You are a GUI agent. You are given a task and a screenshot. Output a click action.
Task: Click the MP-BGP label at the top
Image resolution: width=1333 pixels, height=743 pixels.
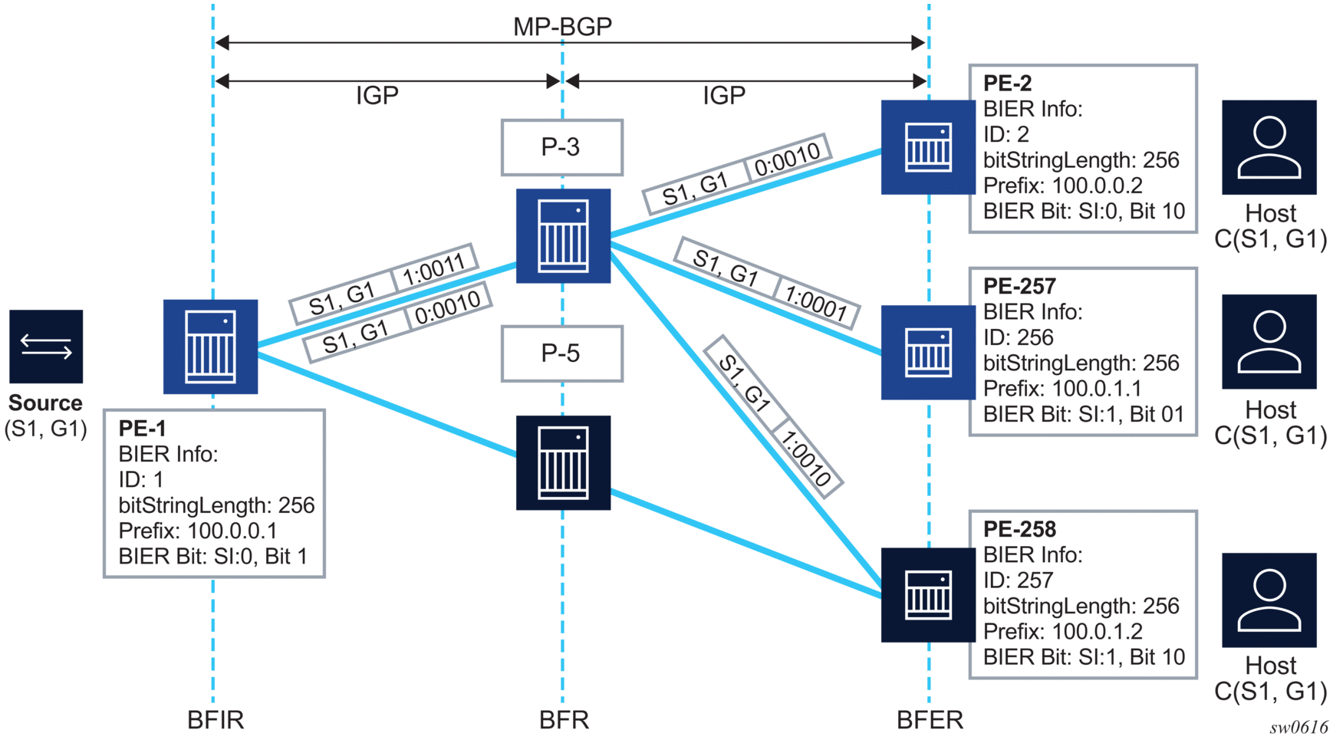(562, 27)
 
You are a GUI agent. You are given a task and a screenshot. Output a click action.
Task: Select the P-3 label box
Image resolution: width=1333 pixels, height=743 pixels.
(561, 147)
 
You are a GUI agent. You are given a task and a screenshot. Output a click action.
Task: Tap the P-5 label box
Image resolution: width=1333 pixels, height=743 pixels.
(561, 353)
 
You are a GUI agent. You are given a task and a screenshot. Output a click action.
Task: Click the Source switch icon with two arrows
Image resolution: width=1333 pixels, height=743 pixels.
(46, 347)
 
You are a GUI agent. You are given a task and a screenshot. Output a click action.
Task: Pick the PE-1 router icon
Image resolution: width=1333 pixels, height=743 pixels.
(210, 347)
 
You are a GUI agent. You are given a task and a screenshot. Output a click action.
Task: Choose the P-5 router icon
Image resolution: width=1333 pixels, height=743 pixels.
(563, 462)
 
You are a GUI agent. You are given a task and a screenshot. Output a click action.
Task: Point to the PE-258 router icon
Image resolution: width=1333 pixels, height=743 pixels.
(928, 594)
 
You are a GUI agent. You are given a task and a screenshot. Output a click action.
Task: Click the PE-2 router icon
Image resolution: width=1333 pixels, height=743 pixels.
(928, 147)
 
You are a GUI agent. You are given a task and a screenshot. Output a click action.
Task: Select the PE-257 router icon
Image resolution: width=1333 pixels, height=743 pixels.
(928, 352)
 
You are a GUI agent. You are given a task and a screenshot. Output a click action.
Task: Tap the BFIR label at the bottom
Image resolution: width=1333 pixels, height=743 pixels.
(216, 720)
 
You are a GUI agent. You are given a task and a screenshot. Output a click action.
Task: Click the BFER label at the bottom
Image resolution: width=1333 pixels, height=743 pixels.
(930, 720)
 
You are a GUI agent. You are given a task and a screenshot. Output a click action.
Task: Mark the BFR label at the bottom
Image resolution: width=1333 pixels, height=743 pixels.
(564, 720)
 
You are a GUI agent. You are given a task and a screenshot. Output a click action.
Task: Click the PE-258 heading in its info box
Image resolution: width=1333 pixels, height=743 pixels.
(1019, 529)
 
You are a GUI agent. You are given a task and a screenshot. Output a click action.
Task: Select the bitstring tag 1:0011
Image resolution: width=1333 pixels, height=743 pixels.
(434, 270)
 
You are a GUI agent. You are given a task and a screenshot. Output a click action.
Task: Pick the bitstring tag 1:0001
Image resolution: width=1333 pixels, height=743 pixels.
(815, 304)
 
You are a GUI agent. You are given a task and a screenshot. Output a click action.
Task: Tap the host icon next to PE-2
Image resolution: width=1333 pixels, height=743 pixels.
(1269, 147)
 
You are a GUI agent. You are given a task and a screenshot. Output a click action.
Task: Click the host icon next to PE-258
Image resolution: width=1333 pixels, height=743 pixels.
(1269, 600)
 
